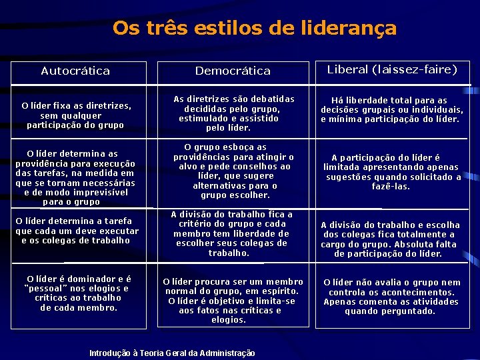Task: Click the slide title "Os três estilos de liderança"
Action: coord(254,29)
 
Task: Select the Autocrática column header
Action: coord(75,71)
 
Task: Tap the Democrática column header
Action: coord(233,71)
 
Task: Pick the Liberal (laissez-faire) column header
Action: coord(392,69)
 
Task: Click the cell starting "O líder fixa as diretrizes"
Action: coord(76,115)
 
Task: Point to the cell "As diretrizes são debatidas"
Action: coord(233,113)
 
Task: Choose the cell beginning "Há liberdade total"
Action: coord(392,110)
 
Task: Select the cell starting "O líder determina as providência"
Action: coord(75,177)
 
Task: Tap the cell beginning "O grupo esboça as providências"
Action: coord(233,171)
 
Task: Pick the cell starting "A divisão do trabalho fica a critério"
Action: coord(231,234)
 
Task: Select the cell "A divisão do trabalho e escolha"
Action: coord(391,239)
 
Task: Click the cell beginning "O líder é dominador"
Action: coord(79,293)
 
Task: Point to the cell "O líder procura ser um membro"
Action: coord(233,301)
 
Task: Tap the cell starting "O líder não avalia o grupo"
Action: coord(392,297)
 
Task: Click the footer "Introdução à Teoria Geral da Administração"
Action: coord(172,353)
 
